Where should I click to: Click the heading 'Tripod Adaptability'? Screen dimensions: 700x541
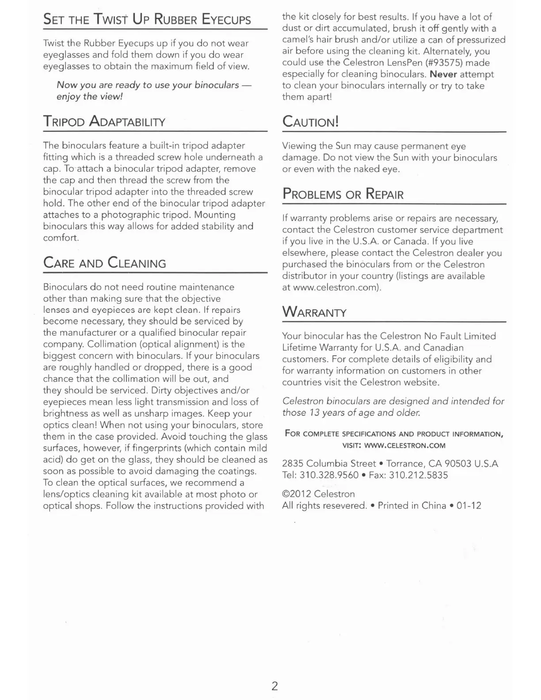(x=104, y=121)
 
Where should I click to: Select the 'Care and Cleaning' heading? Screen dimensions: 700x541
(x=105, y=263)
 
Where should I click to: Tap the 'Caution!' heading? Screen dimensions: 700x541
(x=310, y=122)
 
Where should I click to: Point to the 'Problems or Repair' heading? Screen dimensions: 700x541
(x=343, y=194)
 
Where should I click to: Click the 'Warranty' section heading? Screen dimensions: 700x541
(x=314, y=312)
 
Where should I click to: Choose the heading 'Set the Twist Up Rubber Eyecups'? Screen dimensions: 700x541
(x=147, y=19)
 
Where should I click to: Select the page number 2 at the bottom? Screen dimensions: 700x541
(x=274, y=686)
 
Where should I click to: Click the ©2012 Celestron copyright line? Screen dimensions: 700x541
(x=318, y=494)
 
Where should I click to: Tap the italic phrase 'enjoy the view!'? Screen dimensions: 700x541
(x=89, y=96)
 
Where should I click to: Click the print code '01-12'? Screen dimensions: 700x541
(x=469, y=506)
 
